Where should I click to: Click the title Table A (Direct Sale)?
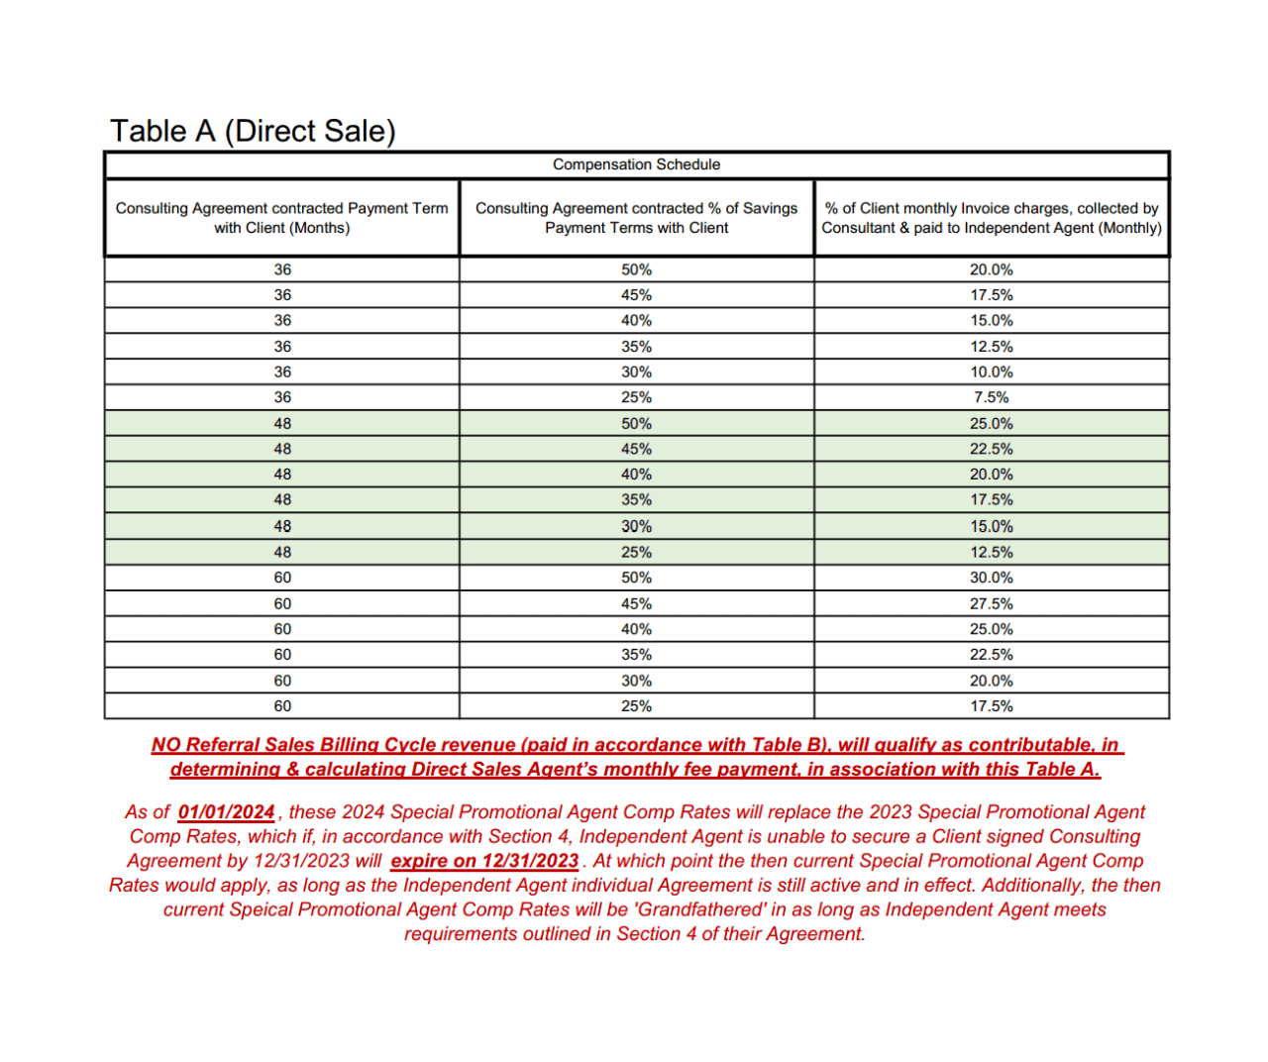coord(253,131)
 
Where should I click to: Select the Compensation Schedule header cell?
coord(636,164)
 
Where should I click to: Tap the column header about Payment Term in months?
coord(282,218)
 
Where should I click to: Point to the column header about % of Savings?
coord(636,218)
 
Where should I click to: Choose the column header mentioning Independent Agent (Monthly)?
coord(991,218)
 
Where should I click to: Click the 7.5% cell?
coord(991,397)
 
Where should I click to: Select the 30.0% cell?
coord(991,578)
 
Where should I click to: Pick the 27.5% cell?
coord(991,603)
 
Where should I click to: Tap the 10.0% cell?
coord(991,372)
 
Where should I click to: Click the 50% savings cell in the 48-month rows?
coord(636,423)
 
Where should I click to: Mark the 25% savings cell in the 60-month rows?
coord(636,706)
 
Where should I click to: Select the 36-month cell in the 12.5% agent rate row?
coord(282,347)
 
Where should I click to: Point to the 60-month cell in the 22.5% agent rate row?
coord(282,655)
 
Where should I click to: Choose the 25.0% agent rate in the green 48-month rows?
coord(991,423)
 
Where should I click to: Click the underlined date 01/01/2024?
coord(226,812)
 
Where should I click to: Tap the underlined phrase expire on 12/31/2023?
coord(484,861)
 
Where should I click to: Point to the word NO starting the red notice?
coord(165,745)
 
